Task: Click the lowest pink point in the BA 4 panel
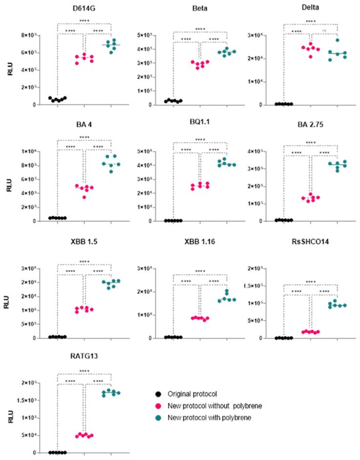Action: [85, 197]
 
